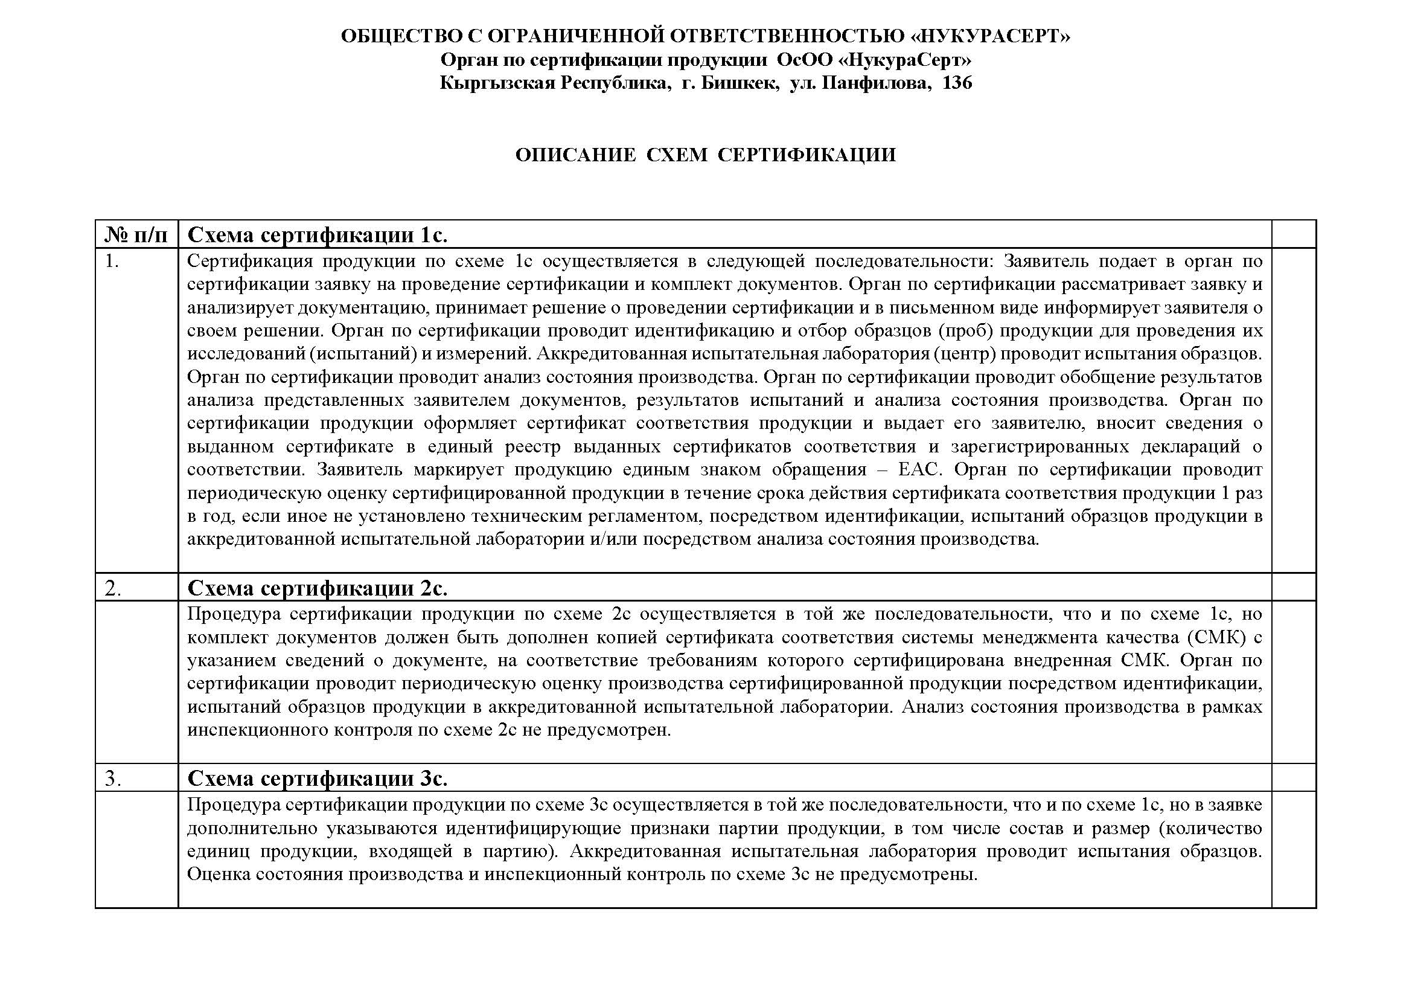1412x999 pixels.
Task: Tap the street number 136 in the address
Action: click(957, 83)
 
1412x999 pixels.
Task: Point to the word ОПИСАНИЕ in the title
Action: click(576, 155)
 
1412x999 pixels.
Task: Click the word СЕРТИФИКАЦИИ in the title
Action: click(807, 155)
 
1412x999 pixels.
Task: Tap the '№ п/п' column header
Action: click(136, 235)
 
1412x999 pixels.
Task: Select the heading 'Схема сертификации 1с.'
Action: click(318, 235)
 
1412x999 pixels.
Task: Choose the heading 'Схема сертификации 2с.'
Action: click(318, 589)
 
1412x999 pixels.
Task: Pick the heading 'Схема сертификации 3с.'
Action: click(318, 779)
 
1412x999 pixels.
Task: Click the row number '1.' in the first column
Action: click(112, 262)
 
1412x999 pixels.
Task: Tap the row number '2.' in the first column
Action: click(113, 589)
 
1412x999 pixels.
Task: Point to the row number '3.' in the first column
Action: click(113, 779)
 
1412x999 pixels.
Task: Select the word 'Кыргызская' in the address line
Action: click(493, 83)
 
